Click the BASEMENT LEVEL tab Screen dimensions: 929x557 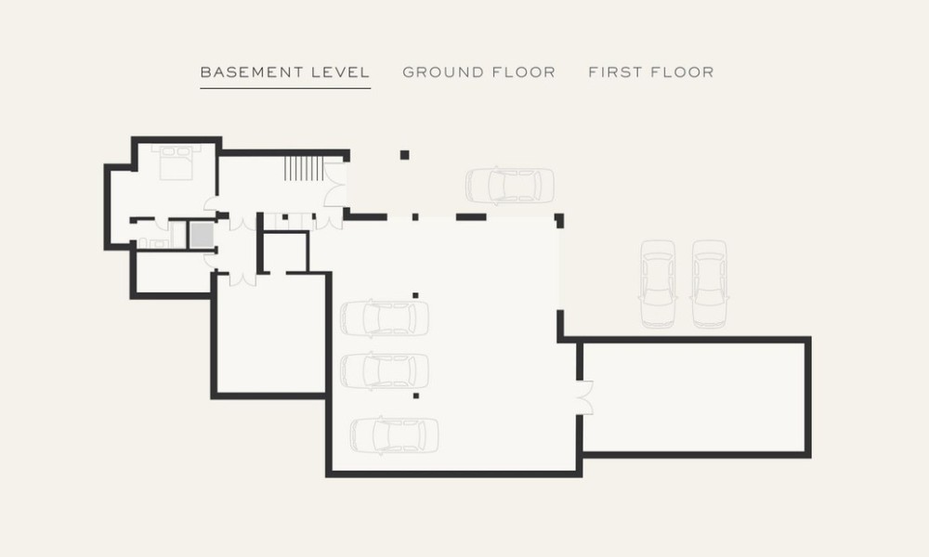coord(285,72)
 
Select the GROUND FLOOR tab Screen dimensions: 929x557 coord(478,72)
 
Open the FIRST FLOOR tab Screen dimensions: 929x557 coord(651,72)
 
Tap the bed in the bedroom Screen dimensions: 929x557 coord(176,162)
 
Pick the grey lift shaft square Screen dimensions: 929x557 coord(202,235)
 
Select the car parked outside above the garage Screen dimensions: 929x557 coord(509,186)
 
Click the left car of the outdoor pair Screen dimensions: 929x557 coord(658,283)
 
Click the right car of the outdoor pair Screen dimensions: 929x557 coord(709,283)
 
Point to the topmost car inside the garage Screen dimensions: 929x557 coord(385,317)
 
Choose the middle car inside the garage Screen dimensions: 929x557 coord(385,370)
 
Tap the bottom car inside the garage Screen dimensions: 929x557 coord(394,435)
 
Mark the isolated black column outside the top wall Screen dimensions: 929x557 coord(405,155)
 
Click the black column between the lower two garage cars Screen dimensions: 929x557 coord(416,395)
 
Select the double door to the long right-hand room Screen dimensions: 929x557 coord(584,397)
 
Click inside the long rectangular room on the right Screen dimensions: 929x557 coord(693,397)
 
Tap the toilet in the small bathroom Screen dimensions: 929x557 coord(143,242)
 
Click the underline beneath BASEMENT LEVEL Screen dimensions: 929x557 coord(285,88)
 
